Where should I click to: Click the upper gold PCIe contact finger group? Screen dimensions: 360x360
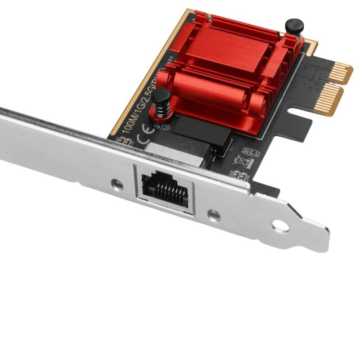click(x=340, y=72)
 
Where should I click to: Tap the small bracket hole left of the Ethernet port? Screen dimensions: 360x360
click(x=118, y=184)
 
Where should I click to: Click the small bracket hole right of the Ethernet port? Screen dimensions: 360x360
click(x=214, y=216)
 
